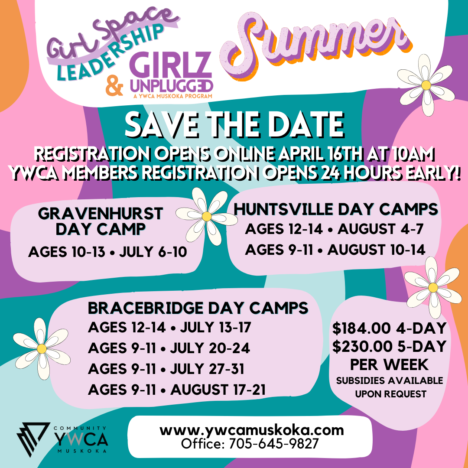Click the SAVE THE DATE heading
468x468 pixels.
pos(234,125)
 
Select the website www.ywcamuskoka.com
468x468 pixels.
pos(251,431)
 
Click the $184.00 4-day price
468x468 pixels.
pos(389,328)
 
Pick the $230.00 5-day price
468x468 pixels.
pos(389,347)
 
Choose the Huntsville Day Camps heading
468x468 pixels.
pos(336,210)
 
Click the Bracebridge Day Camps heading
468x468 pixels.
pos(198,308)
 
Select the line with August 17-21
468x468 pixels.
pos(177,389)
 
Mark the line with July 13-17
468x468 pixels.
pos(169,327)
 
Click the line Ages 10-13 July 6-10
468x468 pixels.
pos(107,252)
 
